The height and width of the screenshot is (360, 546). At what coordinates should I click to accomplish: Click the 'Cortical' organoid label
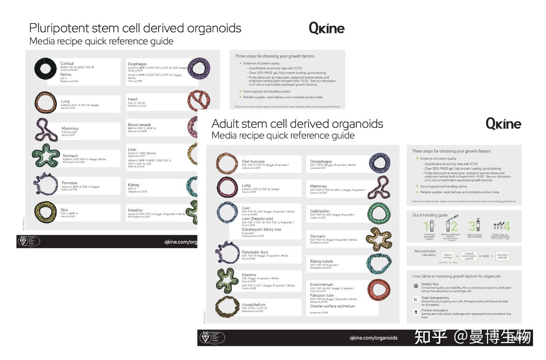tap(67, 63)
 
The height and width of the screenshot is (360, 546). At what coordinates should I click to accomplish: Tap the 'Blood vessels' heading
tap(139, 125)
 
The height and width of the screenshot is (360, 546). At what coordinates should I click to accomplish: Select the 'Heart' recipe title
tap(133, 99)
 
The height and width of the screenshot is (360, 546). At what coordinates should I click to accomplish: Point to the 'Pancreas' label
tap(69, 183)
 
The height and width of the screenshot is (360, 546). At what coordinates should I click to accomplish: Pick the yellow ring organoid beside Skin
tap(46, 212)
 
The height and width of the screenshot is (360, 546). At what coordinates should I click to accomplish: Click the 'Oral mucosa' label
tap(253, 161)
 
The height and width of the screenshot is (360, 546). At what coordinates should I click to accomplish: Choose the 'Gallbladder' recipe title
tap(320, 211)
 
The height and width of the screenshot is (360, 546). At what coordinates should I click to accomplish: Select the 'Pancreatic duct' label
tap(255, 252)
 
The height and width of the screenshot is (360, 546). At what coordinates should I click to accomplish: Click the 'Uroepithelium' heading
tap(253, 305)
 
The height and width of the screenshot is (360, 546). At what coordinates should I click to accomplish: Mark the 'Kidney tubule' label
tap(321, 261)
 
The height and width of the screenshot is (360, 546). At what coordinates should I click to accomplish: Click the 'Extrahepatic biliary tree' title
tap(261, 230)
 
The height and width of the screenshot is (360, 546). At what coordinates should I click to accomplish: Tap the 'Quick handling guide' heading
tap(429, 215)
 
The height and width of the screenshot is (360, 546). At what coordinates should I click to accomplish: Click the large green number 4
tap(506, 226)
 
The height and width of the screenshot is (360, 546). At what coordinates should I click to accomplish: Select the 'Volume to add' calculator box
tap(502, 256)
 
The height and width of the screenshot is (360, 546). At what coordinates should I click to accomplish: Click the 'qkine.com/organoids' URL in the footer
tap(373, 338)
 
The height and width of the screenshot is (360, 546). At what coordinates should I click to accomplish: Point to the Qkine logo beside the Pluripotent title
tap(326, 28)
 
